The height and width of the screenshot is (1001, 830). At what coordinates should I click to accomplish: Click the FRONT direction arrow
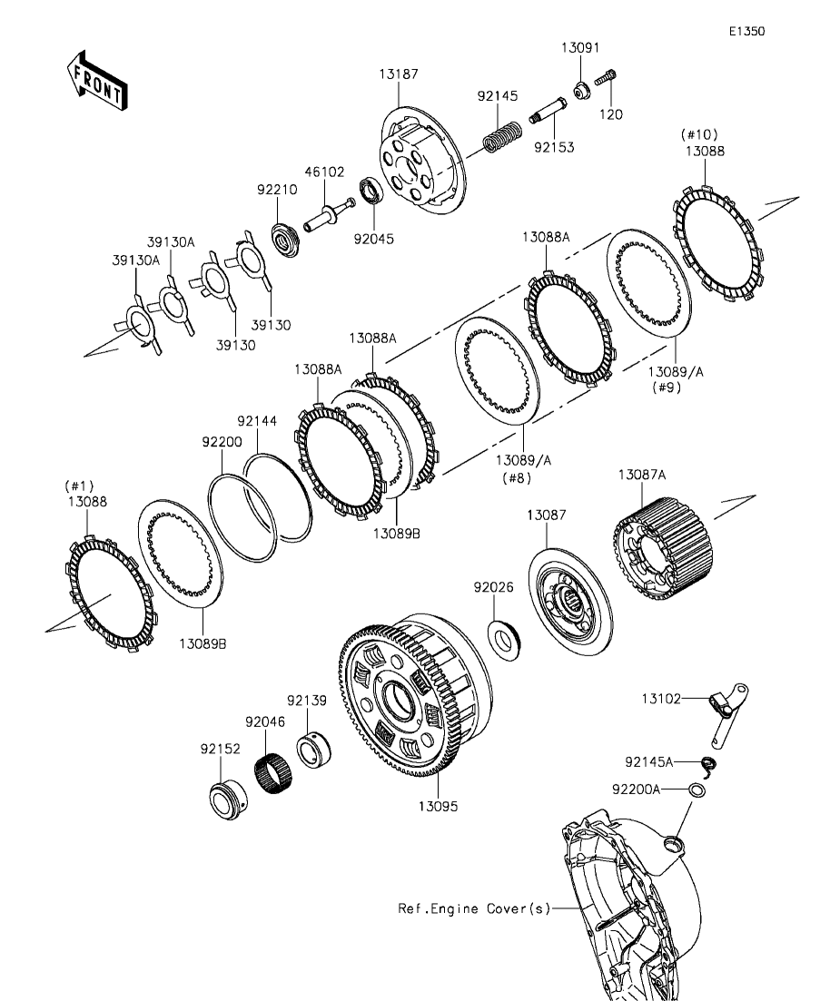[96, 81]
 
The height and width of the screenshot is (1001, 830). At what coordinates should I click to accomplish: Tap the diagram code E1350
[746, 31]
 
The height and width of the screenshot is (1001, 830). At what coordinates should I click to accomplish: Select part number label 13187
[400, 74]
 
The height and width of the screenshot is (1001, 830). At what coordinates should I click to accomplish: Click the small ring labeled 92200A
[696, 790]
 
